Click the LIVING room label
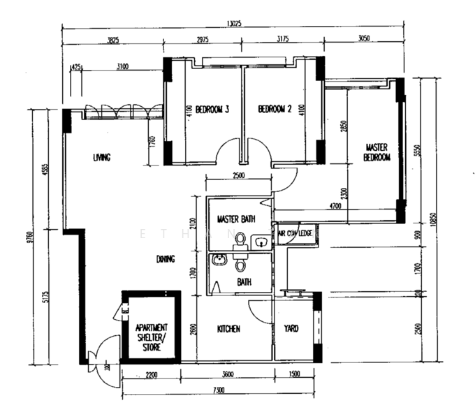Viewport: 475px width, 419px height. coord(102,157)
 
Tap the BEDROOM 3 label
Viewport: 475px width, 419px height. coord(212,110)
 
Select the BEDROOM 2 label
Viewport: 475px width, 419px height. coord(275,110)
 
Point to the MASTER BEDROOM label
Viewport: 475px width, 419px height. coord(377,153)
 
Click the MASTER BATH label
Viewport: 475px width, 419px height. coord(236,219)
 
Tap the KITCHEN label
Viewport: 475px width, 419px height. coord(228,328)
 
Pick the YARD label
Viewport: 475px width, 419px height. coord(291,328)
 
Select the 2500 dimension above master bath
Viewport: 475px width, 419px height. coord(239,176)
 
